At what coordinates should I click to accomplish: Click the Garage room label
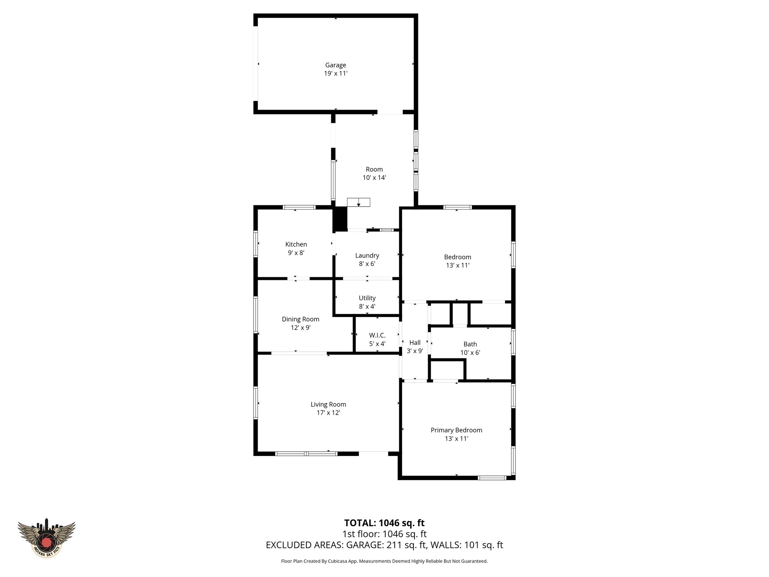tap(335, 65)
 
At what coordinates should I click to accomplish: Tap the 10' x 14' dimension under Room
tap(374, 178)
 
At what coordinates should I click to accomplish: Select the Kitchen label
tap(296, 245)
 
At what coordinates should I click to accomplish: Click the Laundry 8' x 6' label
tap(367, 260)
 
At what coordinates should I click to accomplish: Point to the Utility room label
tap(367, 298)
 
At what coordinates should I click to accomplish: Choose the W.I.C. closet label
tap(377, 335)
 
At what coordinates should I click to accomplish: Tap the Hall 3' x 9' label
tap(415, 347)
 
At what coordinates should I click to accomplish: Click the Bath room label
tap(470, 344)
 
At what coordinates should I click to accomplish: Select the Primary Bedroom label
tap(456, 430)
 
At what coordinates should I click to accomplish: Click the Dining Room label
tap(300, 319)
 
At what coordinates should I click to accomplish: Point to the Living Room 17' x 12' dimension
tap(328, 412)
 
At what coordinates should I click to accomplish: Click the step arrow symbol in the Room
tap(358, 202)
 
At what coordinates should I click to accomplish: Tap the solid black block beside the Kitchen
tap(341, 219)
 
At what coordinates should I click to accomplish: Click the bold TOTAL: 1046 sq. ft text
tap(384, 523)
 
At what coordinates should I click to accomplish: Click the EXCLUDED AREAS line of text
tap(384, 545)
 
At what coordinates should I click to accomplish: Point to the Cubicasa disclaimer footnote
tap(384, 561)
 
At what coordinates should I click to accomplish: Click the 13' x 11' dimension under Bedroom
tap(457, 265)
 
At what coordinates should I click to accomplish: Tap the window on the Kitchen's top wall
tap(299, 207)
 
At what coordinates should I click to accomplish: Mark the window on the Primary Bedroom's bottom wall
tap(492, 478)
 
